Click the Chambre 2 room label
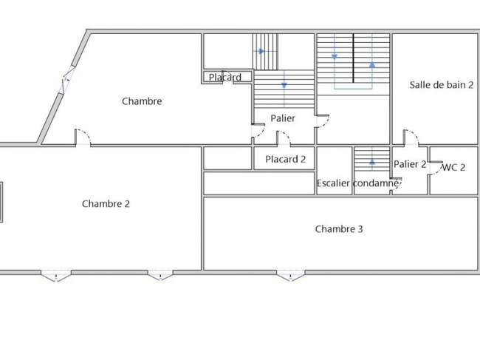click(x=106, y=204)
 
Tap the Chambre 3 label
click(x=339, y=229)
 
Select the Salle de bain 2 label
click(x=442, y=85)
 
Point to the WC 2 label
click(x=453, y=167)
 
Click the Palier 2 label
click(x=410, y=164)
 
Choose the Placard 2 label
click(x=286, y=160)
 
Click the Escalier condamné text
click(x=357, y=183)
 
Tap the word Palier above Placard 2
click(x=283, y=118)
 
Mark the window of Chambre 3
click(x=291, y=275)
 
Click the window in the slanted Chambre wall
click(x=67, y=80)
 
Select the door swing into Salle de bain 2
click(x=411, y=137)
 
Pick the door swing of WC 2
click(x=436, y=168)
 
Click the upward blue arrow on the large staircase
click(x=372, y=64)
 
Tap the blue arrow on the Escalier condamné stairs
click(x=372, y=161)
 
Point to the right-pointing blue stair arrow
click(x=261, y=51)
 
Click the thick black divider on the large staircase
click(x=353, y=58)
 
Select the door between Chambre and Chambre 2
click(x=83, y=137)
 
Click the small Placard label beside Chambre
click(x=225, y=77)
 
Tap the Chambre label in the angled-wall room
click(x=142, y=101)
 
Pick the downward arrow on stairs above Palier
click(x=284, y=86)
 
